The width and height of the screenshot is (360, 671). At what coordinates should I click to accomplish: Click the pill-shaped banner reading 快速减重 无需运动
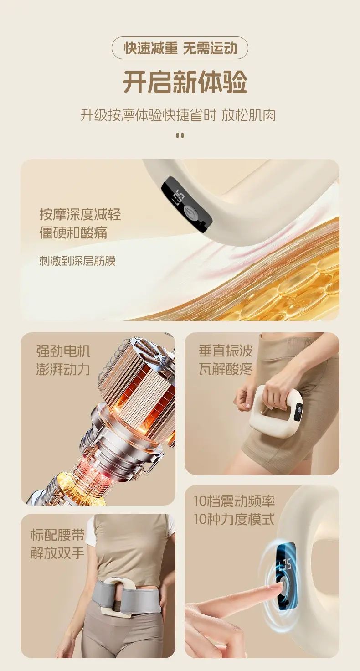tap(180, 48)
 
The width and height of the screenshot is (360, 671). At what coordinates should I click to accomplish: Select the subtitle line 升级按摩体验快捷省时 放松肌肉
tap(178, 115)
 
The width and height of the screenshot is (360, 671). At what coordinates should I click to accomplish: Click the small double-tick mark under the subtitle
tap(180, 135)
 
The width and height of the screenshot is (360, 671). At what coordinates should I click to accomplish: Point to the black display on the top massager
tap(186, 203)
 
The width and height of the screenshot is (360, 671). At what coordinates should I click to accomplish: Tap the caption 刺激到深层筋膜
tap(77, 261)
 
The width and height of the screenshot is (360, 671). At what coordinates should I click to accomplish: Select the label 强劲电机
tap(63, 351)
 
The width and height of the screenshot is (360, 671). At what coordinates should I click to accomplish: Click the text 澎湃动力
tap(63, 369)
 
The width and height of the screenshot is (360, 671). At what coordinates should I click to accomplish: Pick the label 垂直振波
tap(226, 351)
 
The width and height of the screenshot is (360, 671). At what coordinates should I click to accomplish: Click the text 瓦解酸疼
tap(226, 368)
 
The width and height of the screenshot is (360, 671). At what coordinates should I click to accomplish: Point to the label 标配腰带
tap(57, 535)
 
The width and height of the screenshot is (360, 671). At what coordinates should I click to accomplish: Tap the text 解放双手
tap(57, 552)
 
